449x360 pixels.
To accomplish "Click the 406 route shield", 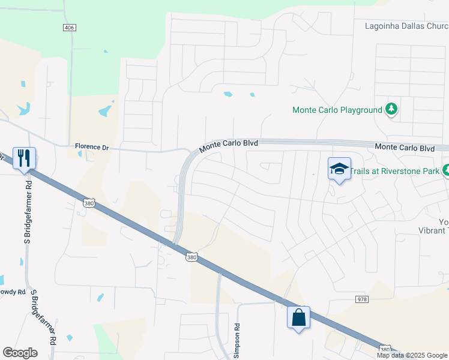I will (70, 28).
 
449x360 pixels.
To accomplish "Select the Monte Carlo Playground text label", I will (337, 110).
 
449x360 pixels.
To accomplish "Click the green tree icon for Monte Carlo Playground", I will (392, 109).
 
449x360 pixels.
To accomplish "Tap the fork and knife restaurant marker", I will (24, 158).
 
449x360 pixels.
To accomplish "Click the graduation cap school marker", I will (339, 169).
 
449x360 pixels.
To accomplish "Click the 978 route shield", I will (361, 298).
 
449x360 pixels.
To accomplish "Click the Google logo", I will (20, 353).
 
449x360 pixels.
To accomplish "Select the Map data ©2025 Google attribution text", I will (412, 355).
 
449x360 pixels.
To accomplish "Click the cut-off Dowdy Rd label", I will (13, 292).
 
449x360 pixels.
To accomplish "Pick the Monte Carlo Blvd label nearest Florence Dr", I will (228, 144).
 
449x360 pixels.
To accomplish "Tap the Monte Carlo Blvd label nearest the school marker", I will (405, 148).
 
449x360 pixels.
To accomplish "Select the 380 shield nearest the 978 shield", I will (386, 349).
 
